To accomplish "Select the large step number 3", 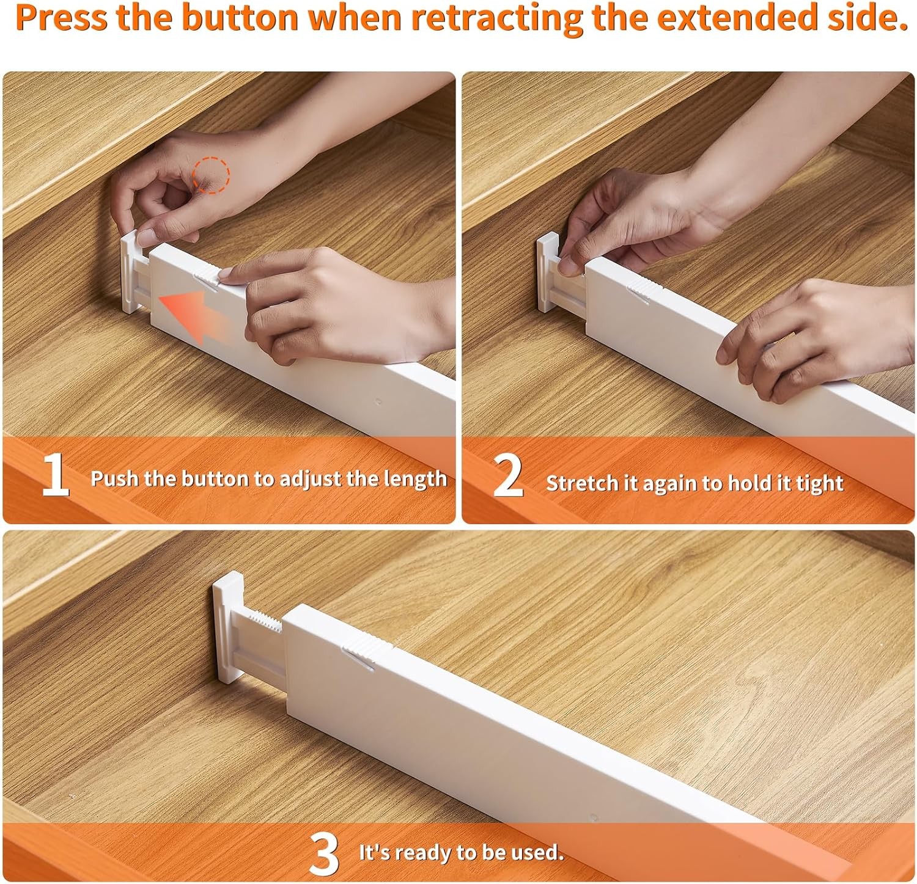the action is click(x=324, y=853).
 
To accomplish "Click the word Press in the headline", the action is click(x=60, y=18).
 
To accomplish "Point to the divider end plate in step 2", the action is click(x=548, y=274).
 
